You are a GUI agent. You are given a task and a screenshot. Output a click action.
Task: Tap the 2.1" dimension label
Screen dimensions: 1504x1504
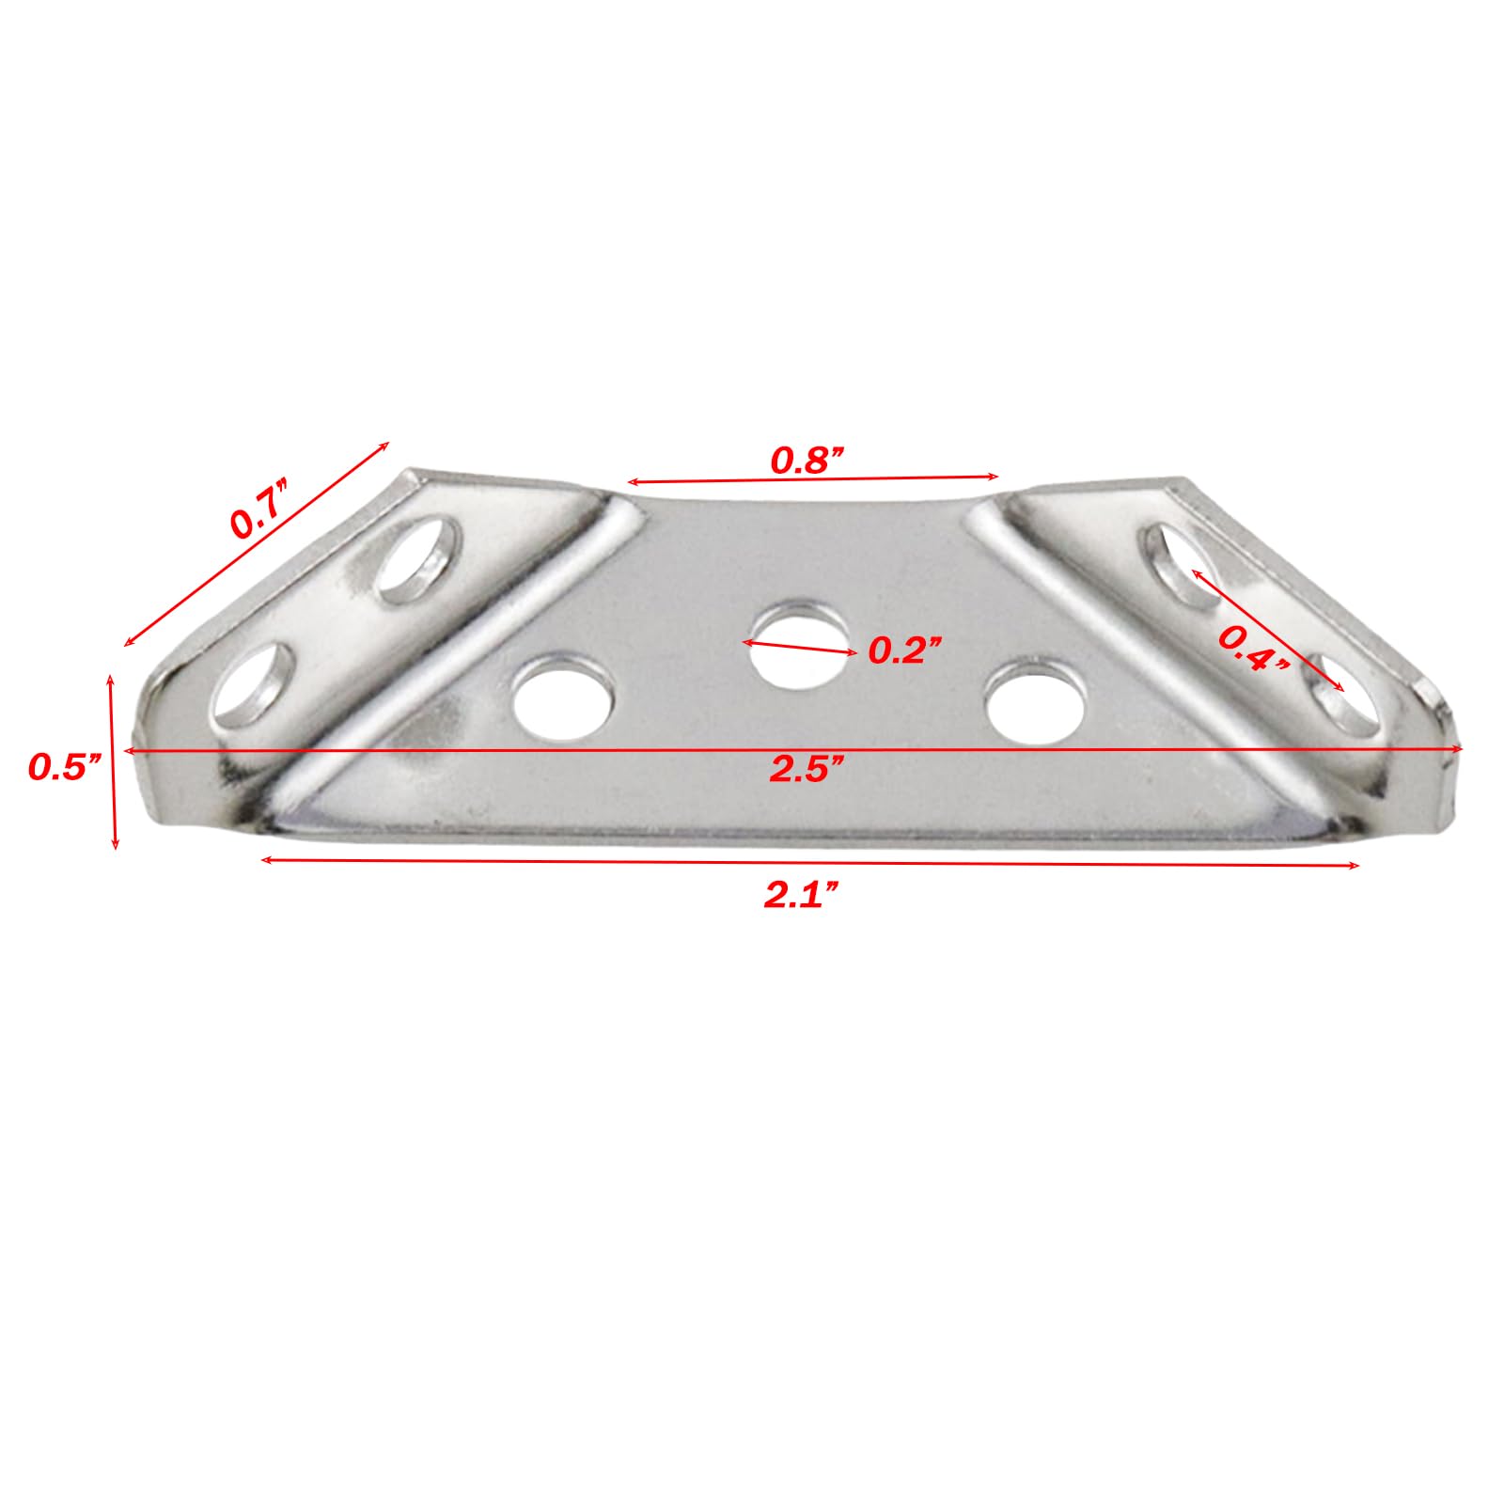800,895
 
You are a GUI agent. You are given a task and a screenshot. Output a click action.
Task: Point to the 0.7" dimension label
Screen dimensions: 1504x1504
258,509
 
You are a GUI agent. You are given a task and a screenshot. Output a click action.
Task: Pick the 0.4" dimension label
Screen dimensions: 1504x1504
1254,649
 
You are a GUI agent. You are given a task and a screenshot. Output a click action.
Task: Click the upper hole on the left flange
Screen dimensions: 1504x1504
418,560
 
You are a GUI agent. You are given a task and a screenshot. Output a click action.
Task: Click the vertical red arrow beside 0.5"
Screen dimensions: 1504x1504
114,761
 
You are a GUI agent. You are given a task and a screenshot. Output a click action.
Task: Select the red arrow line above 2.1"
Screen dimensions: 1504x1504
808,862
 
